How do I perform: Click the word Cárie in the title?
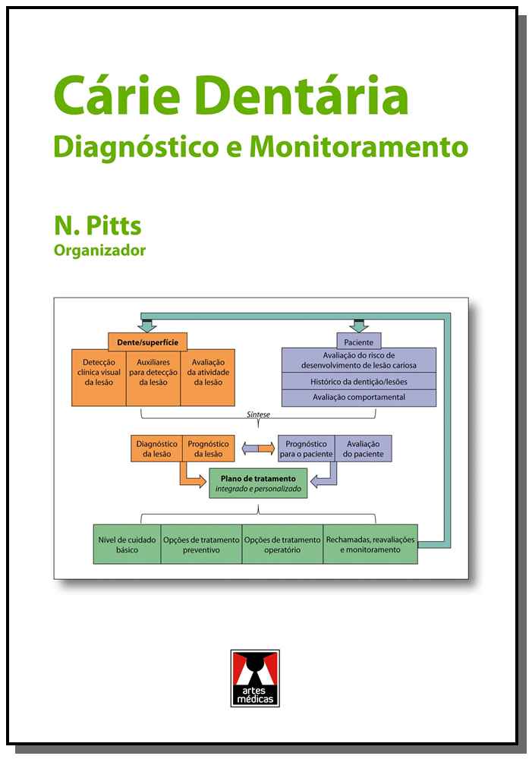(118, 97)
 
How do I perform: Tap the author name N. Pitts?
(97, 225)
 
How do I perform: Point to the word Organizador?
(99, 250)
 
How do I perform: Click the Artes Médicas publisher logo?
(255, 678)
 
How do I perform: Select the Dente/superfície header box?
(148, 342)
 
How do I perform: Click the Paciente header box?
(358, 342)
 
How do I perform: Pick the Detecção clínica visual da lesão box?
(99, 372)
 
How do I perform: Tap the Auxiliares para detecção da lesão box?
(153, 372)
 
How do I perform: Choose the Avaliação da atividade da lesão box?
(207, 372)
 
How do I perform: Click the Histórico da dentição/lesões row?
(358, 379)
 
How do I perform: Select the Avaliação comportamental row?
(358, 397)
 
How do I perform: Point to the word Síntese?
(259, 415)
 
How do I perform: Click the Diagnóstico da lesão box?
(156, 449)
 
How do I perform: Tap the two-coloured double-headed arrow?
(257, 449)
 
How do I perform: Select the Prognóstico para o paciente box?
(307, 449)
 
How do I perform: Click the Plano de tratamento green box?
(258, 483)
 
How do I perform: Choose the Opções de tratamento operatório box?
(282, 543)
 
